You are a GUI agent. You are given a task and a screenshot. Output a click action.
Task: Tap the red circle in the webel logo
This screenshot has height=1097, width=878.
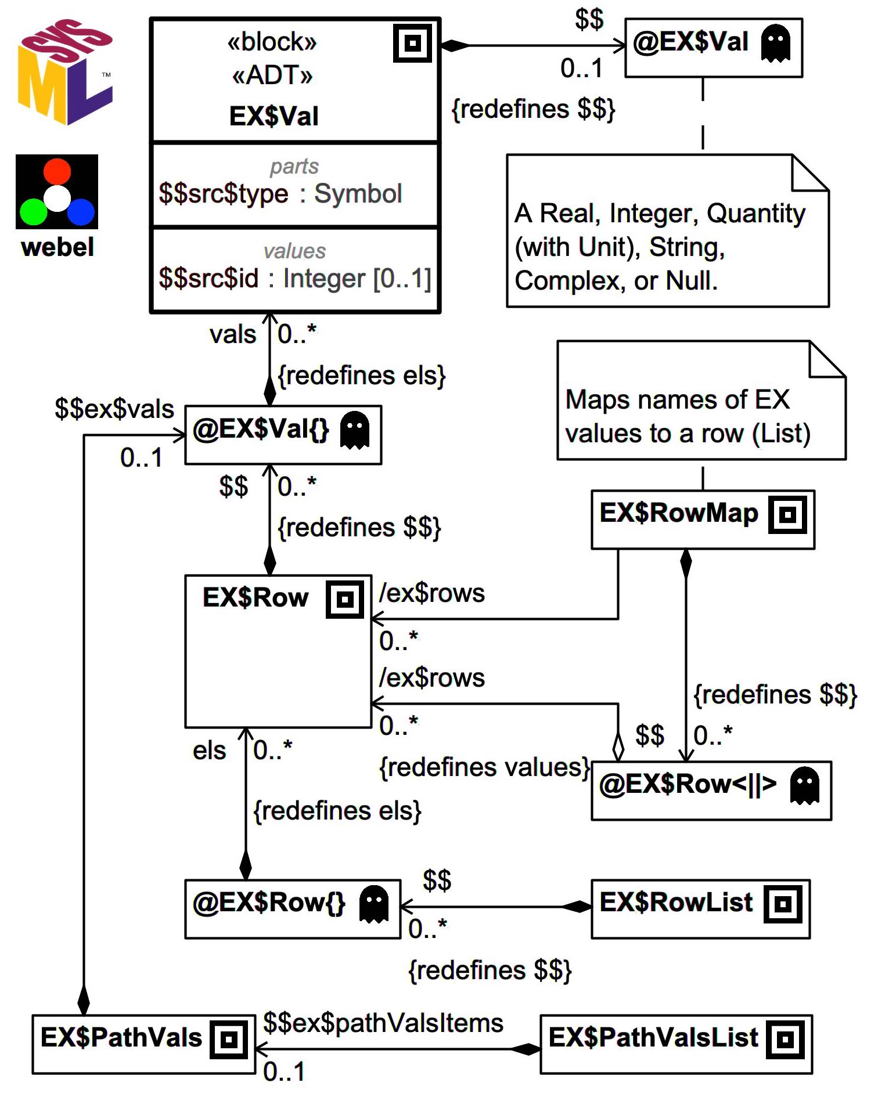pyautogui.click(x=57, y=172)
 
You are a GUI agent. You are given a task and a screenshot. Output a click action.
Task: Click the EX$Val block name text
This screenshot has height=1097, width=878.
pyautogui.click(x=274, y=116)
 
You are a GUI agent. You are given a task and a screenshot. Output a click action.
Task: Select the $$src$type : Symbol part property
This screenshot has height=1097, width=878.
pyautogui.click(x=280, y=194)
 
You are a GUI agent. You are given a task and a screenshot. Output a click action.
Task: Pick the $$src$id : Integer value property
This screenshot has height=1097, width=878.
pyautogui.click(x=294, y=279)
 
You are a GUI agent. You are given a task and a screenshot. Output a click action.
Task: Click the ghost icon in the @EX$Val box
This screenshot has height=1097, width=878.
pyautogui.click(x=775, y=44)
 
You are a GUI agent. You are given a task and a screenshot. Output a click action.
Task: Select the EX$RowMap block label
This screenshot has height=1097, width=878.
pyautogui.click(x=678, y=513)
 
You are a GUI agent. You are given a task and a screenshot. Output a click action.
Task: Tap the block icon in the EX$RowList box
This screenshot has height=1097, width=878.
pyautogui.click(x=783, y=904)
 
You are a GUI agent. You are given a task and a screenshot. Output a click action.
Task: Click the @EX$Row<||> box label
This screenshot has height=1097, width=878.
pyautogui.click(x=688, y=785)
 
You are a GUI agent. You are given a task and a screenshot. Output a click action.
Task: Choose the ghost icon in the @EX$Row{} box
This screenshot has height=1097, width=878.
pyautogui.click(x=373, y=904)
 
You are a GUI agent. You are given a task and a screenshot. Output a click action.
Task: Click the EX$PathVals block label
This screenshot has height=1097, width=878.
pyautogui.click(x=121, y=1038)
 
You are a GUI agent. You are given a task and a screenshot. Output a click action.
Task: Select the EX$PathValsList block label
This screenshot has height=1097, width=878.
pyautogui.click(x=653, y=1038)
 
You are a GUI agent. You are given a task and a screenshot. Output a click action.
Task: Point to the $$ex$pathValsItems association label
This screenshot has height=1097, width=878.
pyautogui.click(x=383, y=1023)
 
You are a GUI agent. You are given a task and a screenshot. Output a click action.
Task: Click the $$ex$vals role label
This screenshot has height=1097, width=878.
pyautogui.click(x=114, y=409)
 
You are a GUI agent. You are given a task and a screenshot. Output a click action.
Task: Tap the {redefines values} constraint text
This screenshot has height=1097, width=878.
pyautogui.click(x=484, y=768)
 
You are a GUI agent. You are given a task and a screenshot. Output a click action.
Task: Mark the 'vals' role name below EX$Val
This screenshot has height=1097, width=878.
pyautogui.click(x=232, y=335)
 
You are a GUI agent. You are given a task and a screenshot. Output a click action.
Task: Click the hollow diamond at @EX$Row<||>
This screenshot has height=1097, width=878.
pyautogui.click(x=618, y=746)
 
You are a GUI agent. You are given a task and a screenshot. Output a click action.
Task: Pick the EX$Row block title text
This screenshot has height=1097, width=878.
pyautogui.click(x=255, y=598)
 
